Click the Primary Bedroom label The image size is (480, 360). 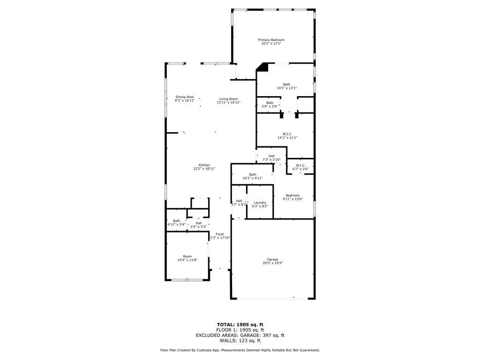pos(271,40)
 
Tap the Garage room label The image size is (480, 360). pos(272,259)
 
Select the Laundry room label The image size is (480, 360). pos(260,202)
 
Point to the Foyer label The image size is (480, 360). pos(220,234)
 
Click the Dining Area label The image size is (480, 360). pos(185,97)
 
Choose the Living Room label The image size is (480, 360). pos(228,99)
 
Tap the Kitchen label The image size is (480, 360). pos(204,165)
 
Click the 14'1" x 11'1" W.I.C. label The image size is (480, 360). pos(287,134)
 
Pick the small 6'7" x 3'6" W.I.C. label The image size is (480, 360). pos(300,165)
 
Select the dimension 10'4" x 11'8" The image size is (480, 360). pos(187,260)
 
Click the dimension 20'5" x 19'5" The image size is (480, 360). pos(272,263)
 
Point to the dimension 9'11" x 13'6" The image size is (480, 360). pos(292,199)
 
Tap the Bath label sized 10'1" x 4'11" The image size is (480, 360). pos(253,174)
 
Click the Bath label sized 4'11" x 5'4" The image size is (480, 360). pos(177,221)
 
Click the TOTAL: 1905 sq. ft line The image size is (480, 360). pos(240,325)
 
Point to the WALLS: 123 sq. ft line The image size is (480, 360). pos(240,340)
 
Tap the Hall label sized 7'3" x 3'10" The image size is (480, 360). pos(271,156)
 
